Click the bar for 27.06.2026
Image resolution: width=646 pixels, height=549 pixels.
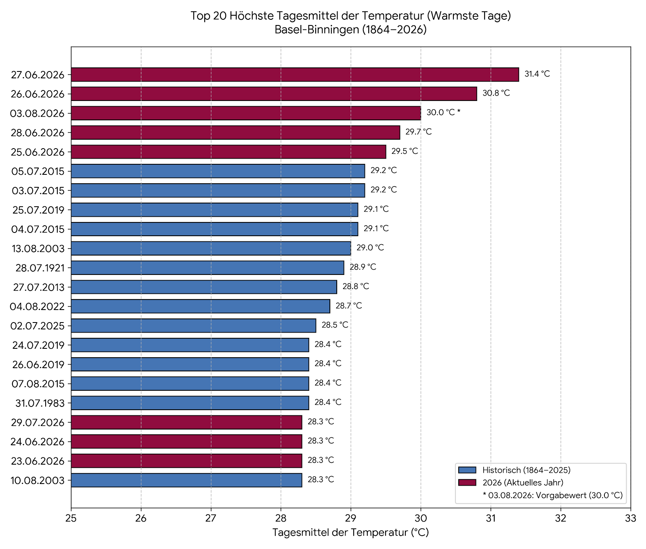(x=295, y=75)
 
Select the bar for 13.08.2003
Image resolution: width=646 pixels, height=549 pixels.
(x=211, y=248)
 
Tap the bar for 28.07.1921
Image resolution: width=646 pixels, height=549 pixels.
(x=208, y=268)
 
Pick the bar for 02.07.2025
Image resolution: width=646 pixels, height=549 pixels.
(x=193, y=325)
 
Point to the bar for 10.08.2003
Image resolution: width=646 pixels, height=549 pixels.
(x=187, y=480)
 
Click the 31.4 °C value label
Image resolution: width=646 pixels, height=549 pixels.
(x=537, y=74)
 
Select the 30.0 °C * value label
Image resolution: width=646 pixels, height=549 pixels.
(x=443, y=113)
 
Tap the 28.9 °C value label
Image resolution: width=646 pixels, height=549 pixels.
(x=363, y=267)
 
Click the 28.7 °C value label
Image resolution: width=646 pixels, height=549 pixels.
(x=348, y=306)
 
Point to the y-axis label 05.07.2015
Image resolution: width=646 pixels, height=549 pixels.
(x=38, y=172)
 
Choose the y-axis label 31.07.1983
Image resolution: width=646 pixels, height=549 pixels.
(x=40, y=403)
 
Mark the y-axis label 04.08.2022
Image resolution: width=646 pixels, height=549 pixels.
(x=37, y=307)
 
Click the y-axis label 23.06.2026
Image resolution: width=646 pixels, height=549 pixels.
(x=38, y=461)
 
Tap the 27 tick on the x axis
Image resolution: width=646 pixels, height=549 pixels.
(x=211, y=518)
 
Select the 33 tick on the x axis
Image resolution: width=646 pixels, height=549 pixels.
(x=630, y=518)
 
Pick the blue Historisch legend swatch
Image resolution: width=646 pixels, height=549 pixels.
(x=467, y=470)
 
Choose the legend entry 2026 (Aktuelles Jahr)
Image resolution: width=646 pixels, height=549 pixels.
(x=523, y=483)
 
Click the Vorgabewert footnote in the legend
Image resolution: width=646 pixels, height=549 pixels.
(x=552, y=495)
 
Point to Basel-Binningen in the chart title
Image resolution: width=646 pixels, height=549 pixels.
(x=317, y=30)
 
